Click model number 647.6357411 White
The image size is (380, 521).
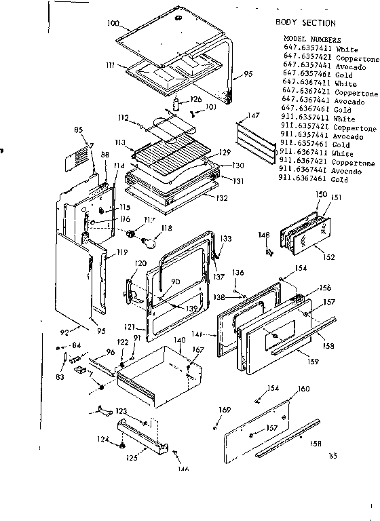click(316, 49)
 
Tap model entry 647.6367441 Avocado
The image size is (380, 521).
click(319, 102)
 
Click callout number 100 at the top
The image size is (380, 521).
click(114, 24)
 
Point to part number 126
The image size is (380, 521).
click(195, 100)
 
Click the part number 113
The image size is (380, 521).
click(119, 142)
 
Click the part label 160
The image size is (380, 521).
click(303, 388)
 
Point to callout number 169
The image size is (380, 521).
click(225, 410)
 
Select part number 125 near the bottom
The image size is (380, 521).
click(131, 458)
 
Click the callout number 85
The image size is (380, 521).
click(79, 130)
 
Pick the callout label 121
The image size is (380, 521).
click(138, 328)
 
